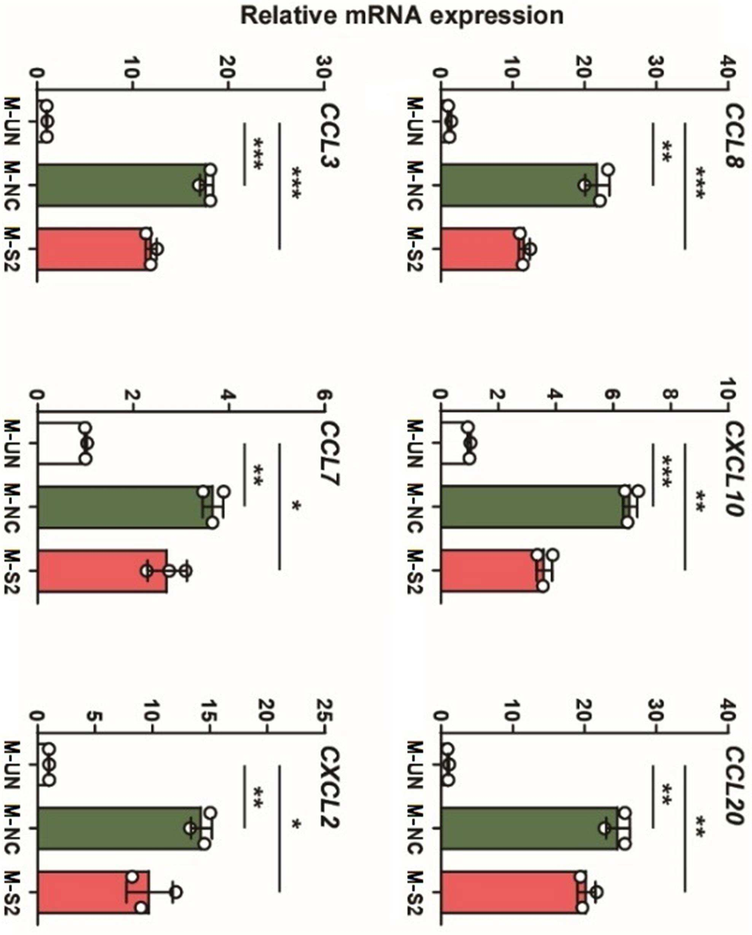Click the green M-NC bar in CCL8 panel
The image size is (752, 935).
(x=519, y=185)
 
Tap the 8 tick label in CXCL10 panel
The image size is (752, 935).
(x=670, y=396)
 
